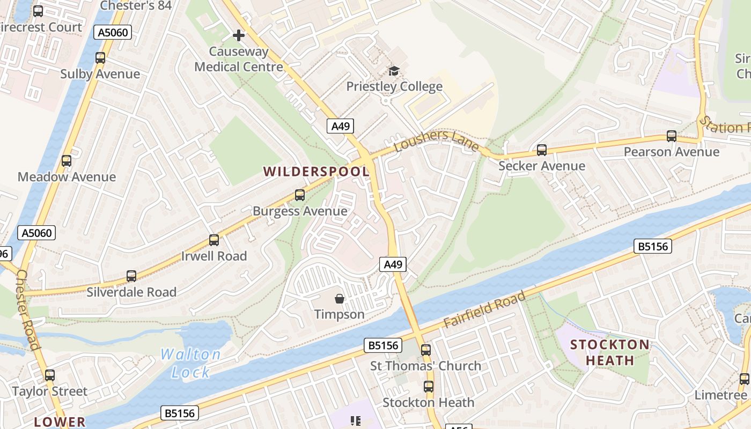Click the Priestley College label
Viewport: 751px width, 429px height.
394,86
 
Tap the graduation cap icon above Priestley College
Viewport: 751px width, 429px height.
394,71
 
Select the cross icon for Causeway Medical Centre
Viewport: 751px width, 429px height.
239,35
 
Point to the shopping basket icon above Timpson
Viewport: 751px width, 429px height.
339,298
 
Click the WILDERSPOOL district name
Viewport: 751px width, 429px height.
316,172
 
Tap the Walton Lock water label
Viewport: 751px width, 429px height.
191,363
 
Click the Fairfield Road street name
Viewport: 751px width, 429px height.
484,310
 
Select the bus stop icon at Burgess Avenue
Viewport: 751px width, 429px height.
300,195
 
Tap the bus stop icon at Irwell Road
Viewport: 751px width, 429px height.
214,240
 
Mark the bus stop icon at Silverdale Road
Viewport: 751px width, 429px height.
131,276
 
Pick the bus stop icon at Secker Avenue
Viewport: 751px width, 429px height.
542,150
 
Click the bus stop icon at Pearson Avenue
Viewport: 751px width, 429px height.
672,136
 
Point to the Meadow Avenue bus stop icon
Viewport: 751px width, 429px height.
67,161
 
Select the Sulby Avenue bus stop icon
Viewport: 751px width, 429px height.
100,58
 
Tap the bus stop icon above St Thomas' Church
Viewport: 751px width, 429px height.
426,350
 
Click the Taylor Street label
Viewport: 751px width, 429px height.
49,391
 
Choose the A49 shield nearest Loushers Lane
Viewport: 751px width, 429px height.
341,126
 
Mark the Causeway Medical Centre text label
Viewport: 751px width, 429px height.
239,59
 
